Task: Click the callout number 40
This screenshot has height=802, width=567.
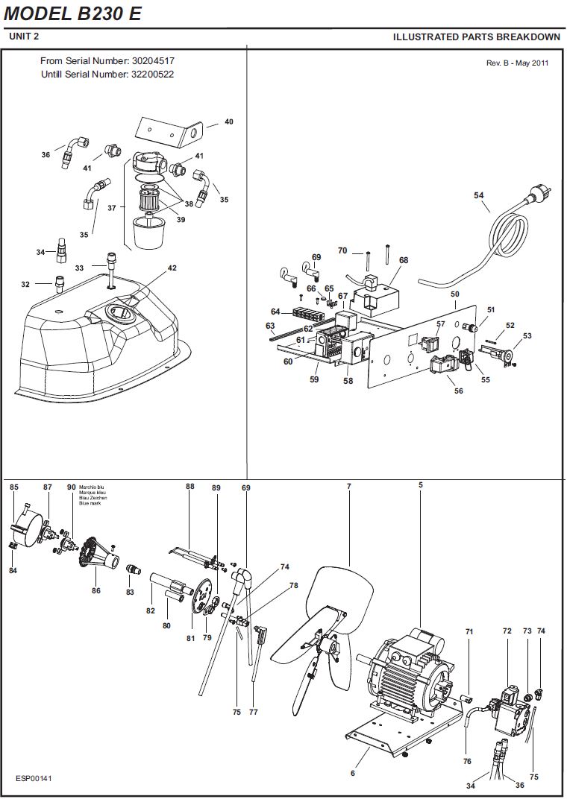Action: tap(229, 121)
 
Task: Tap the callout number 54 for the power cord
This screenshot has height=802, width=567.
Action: tap(478, 195)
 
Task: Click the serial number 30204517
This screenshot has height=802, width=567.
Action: tap(153, 61)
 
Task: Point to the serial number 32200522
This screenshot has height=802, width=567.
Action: tap(152, 75)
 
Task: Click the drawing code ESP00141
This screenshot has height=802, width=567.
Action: tap(34, 778)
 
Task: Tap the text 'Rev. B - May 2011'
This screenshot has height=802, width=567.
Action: tap(517, 63)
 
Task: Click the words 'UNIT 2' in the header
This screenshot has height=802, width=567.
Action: tap(24, 37)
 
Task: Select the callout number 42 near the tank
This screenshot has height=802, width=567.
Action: tap(172, 268)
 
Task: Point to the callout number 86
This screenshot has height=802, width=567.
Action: tap(96, 591)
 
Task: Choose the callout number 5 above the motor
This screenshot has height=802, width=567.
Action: tap(421, 485)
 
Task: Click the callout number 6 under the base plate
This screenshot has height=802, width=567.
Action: tap(353, 773)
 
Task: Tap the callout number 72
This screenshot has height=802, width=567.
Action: tap(507, 631)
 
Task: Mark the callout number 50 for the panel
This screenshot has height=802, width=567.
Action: tap(455, 294)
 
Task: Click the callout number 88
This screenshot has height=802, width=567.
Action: tap(189, 487)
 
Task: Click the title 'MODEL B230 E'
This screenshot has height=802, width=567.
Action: tap(72, 14)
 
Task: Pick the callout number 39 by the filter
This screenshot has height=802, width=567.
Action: tap(181, 220)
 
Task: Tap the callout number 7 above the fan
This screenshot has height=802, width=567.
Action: tap(349, 487)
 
